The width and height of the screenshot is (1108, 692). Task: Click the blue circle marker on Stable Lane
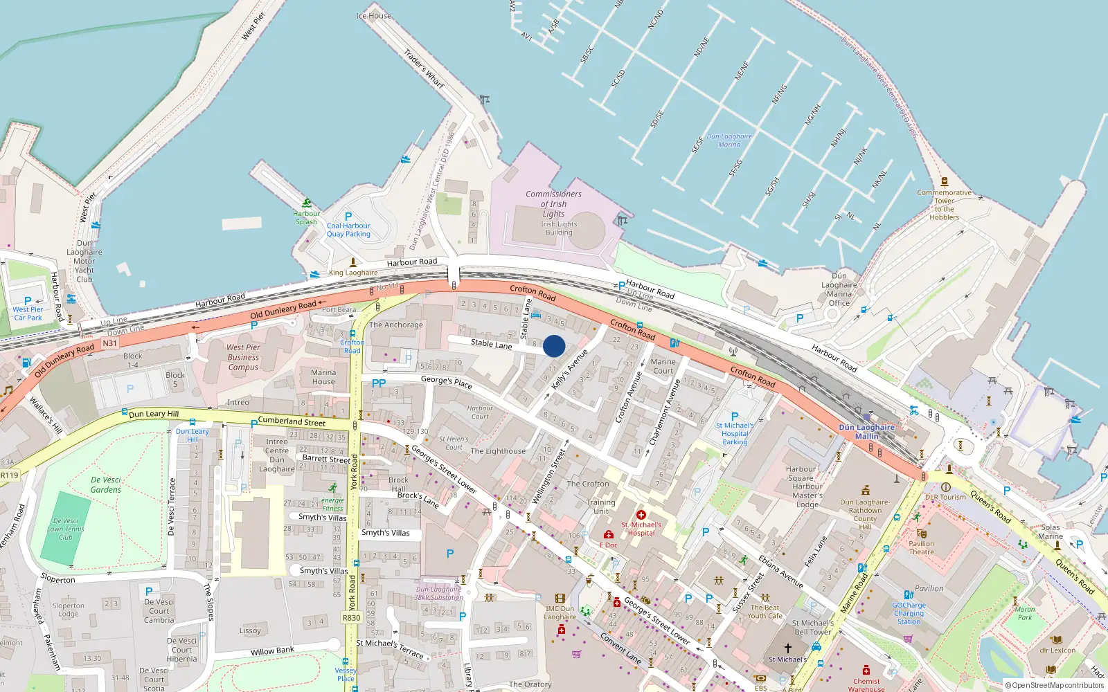554,346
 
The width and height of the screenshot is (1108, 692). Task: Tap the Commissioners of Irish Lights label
553,204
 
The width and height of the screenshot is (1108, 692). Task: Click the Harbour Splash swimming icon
306,204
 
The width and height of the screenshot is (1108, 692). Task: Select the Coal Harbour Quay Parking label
348,230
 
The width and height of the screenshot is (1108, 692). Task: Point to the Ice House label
373,15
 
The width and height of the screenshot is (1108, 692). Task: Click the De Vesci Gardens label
106,484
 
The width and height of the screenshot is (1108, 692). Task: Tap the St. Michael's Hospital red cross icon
641,515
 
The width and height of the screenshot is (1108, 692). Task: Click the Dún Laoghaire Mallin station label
867,432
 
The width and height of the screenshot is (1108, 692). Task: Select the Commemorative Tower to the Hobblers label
945,205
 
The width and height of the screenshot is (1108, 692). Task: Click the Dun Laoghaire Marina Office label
839,289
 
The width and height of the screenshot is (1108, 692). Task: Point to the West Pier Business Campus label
243,357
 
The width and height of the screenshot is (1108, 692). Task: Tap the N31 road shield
109,343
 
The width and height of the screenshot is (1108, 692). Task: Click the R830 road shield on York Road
352,618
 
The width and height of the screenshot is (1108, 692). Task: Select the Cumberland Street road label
292,421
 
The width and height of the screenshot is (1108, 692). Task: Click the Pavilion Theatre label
921,547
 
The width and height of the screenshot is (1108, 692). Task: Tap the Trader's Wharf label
424,69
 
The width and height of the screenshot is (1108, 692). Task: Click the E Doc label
608,545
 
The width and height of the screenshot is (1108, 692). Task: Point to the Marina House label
323,377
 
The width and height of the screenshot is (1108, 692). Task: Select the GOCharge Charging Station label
909,613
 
